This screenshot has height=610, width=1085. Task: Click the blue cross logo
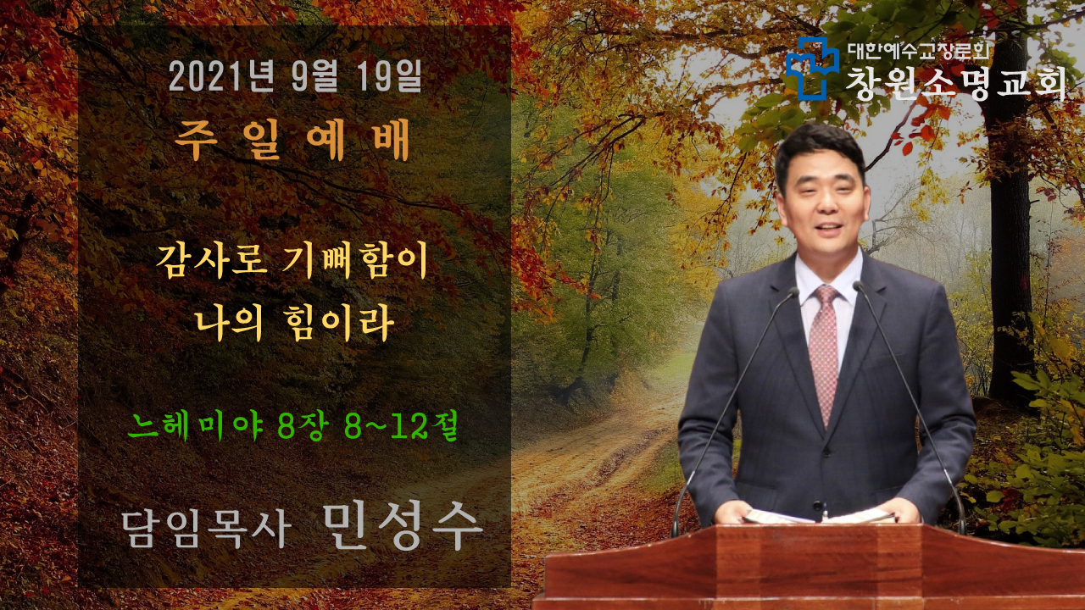click(812, 69)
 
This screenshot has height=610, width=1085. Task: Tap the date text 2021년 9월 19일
click(295, 76)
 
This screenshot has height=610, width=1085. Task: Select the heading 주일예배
click(292, 140)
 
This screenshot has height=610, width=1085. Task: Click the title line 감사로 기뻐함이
click(291, 262)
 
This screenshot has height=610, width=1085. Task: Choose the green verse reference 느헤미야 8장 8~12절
click(292, 427)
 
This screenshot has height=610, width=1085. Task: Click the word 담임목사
click(205, 530)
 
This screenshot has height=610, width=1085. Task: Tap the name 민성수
click(403, 527)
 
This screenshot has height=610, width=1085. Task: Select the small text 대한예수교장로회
click(918, 51)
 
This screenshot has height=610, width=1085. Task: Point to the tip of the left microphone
click(793, 291)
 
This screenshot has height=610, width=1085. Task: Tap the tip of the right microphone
click(859, 286)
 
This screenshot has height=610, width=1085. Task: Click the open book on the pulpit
click(819, 516)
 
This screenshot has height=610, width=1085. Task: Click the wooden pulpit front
click(814, 567)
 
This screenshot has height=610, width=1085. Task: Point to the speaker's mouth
click(829, 228)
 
